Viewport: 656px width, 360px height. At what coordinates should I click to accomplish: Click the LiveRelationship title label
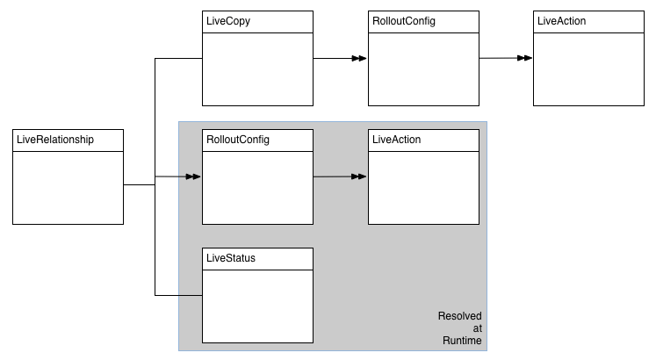pyautogui.click(x=54, y=140)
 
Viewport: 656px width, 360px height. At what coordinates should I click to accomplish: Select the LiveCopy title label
pyautogui.click(x=228, y=21)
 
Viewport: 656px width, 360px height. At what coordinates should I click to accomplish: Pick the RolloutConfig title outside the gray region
pyautogui.click(x=403, y=21)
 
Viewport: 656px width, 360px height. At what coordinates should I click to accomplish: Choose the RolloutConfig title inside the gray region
pyautogui.click(x=237, y=140)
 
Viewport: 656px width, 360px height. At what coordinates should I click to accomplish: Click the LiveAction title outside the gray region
pyautogui.click(x=559, y=21)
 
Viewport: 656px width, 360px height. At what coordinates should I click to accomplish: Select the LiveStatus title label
pyautogui.click(x=230, y=258)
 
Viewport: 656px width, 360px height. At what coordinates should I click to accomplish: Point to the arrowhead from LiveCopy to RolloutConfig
pyautogui.click(x=360, y=59)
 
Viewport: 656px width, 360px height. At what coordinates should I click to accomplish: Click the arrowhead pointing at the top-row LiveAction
pyautogui.click(x=525, y=58)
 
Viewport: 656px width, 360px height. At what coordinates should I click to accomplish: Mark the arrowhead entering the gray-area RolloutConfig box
pyautogui.click(x=194, y=177)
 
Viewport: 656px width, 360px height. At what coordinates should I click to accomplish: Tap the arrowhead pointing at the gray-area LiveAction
pyautogui.click(x=360, y=177)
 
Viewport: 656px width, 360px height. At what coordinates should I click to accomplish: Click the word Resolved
pyautogui.click(x=459, y=316)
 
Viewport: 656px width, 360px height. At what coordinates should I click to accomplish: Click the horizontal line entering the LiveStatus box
pyautogui.click(x=179, y=295)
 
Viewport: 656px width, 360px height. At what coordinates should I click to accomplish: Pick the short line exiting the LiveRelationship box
pyautogui.click(x=139, y=185)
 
